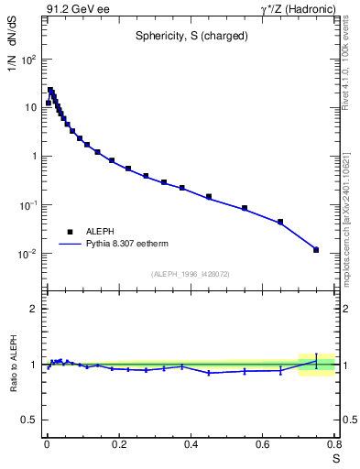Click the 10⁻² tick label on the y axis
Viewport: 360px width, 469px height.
[27, 254]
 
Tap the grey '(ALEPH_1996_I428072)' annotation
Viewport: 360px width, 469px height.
[190, 274]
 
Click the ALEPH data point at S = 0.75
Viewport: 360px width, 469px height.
[316, 249]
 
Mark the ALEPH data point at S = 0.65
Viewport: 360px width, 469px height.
[280, 222]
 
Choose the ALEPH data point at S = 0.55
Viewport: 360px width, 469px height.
[245, 208]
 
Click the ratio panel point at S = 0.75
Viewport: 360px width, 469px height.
[316, 361]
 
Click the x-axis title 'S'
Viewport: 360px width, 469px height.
[335, 458]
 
